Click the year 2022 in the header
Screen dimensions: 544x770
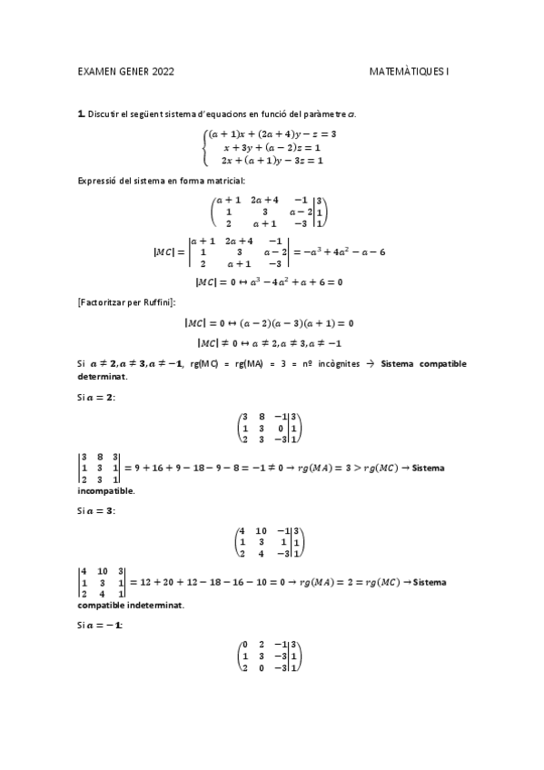tap(161, 70)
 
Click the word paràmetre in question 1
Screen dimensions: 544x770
tap(325, 114)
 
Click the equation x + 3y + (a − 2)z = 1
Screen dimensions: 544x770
tap(272, 146)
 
